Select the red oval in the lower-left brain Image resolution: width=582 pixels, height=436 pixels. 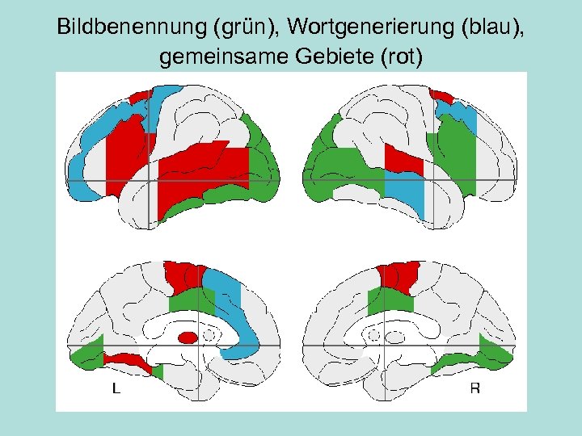(x=188, y=337)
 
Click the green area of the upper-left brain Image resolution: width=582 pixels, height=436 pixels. (x=260, y=153)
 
